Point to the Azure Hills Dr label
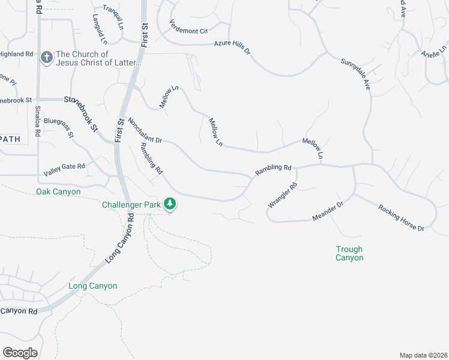(x=232, y=48)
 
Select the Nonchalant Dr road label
(x=145, y=130)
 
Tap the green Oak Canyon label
(x=58, y=192)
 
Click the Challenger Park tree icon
(x=171, y=203)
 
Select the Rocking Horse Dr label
(x=401, y=218)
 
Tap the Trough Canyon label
(x=349, y=253)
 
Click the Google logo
(x=20, y=352)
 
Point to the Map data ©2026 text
(x=423, y=355)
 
